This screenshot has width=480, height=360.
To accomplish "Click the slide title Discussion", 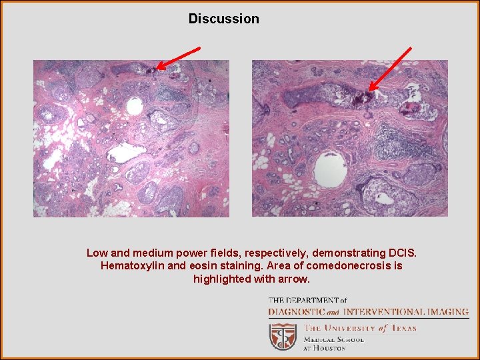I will (x=223, y=19).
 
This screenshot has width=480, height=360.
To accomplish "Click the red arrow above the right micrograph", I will (x=391, y=67).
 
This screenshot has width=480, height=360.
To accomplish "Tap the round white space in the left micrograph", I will (x=135, y=106).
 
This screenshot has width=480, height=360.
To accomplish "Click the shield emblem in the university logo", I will (x=283, y=337).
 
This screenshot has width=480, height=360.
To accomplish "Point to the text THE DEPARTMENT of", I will (x=307, y=301).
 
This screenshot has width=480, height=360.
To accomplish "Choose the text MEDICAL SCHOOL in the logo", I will (x=334, y=339).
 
